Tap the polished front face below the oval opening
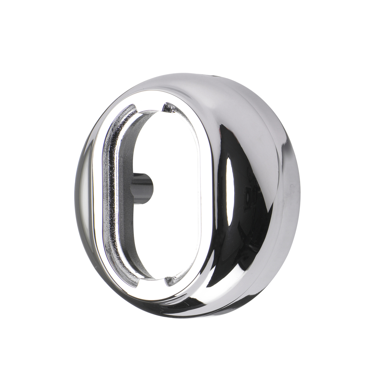(x=158, y=293)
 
